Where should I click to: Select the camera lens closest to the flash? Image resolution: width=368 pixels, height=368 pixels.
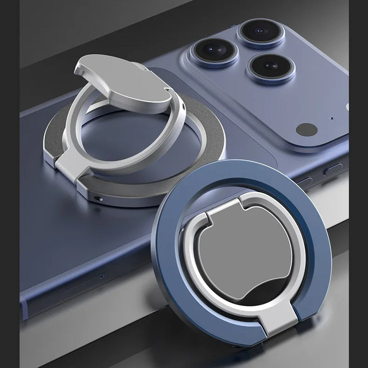tap(271, 67)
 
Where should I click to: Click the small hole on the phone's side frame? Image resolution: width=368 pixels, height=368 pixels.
tap(101, 276)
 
